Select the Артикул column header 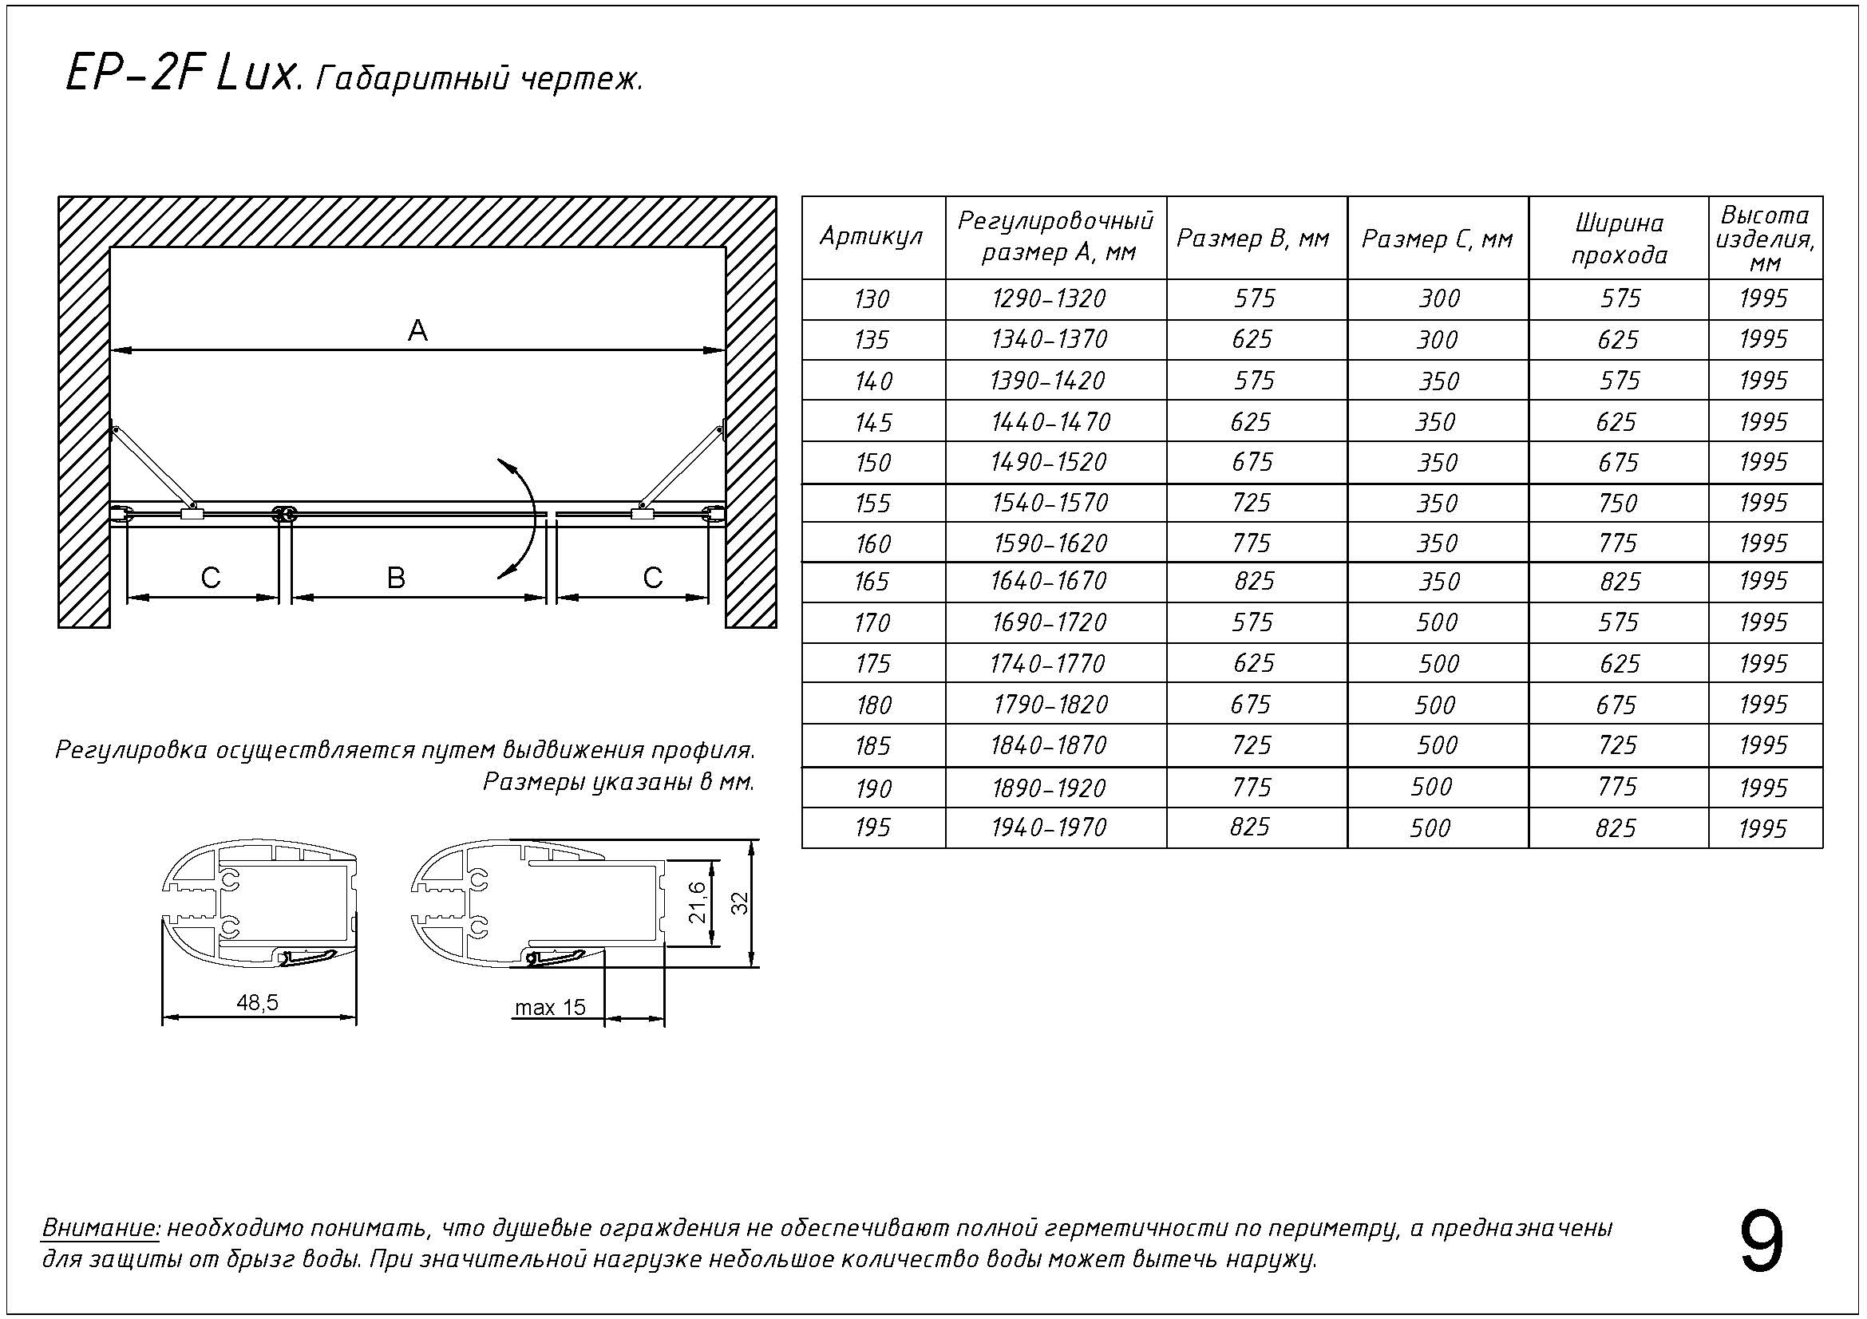click(872, 238)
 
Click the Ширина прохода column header click(1618, 239)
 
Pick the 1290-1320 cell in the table click(1049, 299)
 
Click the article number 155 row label click(872, 504)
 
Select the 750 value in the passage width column click(1618, 504)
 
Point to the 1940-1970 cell click(1049, 828)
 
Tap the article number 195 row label click(872, 828)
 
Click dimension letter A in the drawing click(417, 331)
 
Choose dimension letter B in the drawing click(396, 578)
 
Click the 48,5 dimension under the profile click(258, 1003)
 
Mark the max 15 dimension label click(550, 1008)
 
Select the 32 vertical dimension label click(739, 903)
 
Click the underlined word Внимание click(101, 1227)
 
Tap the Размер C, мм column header click(1437, 239)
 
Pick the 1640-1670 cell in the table click(1049, 581)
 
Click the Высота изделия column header click(1765, 239)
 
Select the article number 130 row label click(872, 300)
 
